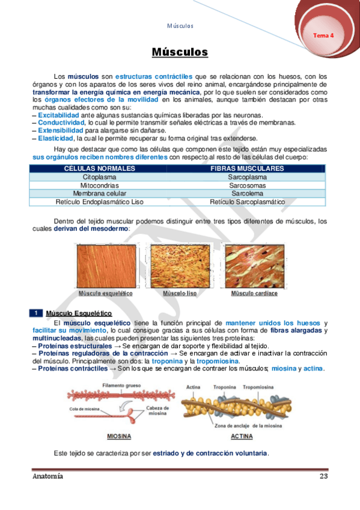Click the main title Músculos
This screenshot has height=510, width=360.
click(180, 53)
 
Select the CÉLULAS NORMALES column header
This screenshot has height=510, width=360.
click(100, 169)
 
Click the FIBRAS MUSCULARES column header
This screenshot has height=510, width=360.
click(247, 169)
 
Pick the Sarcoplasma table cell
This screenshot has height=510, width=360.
click(247, 177)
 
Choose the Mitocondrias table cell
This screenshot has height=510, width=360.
click(100, 186)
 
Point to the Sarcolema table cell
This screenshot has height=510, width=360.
click(247, 194)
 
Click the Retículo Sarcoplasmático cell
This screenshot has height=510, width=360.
click(247, 203)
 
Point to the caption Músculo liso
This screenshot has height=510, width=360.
click(180, 293)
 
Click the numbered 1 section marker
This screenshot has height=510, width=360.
click(36, 313)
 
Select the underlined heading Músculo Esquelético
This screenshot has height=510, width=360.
click(79, 313)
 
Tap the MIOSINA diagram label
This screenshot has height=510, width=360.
click(119, 437)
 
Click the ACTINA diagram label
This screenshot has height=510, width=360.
click(241, 437)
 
